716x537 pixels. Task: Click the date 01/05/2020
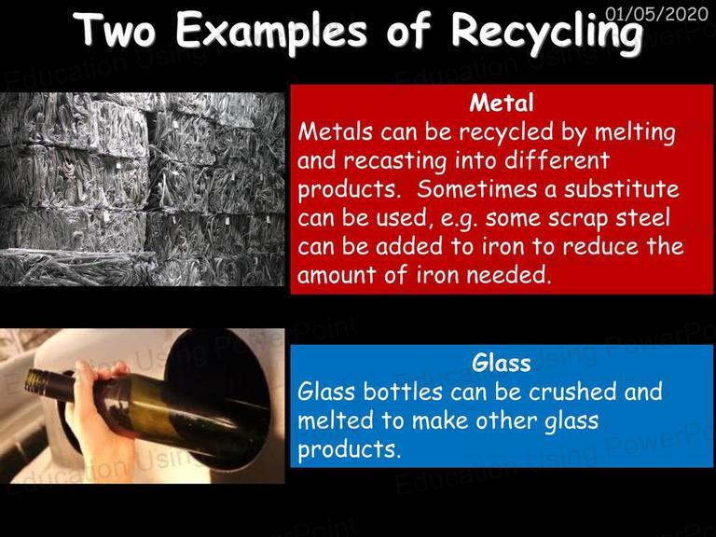coord(656,14)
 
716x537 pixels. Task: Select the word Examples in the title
coord(271,32)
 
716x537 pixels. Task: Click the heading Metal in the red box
coord(502,103)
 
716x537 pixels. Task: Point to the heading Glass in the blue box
coord(502,363)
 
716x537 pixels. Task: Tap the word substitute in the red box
coord(621,189)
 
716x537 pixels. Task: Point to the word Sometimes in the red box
coord(476,189)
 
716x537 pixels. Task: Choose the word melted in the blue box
coord(336,420)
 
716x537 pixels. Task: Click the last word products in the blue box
coord(350,449)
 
